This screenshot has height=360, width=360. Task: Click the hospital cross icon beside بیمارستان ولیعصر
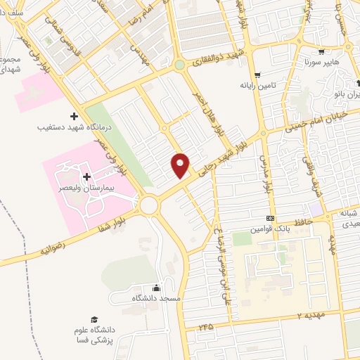(86, 176)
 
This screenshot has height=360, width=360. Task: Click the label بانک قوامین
(269, 229)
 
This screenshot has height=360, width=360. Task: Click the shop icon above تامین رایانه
(257, 73)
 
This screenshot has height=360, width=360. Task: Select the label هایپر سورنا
(319, 63)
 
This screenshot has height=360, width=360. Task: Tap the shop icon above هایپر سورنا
(320, 51)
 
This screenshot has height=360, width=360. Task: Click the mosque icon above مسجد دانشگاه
(156, 287)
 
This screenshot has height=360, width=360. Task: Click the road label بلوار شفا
(106, 223)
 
